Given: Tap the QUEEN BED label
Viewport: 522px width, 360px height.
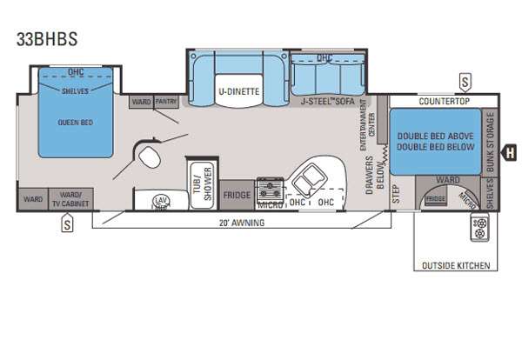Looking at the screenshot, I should [x=75, y=121].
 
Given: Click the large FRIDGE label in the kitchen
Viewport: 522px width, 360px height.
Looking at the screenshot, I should [x=237, y=195].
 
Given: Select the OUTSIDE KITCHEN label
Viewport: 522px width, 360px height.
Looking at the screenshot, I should [x=456, y=264].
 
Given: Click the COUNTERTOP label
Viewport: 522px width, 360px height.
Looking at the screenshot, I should [x=444, y=102].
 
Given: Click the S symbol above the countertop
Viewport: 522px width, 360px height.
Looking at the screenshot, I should [x=465, y=83].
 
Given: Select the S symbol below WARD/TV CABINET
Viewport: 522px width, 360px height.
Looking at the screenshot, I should [x=66, y=225].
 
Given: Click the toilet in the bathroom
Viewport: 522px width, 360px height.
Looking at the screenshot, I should [x=148, y=157].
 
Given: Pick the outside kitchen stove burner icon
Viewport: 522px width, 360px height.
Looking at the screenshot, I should [x=478, y=229].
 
